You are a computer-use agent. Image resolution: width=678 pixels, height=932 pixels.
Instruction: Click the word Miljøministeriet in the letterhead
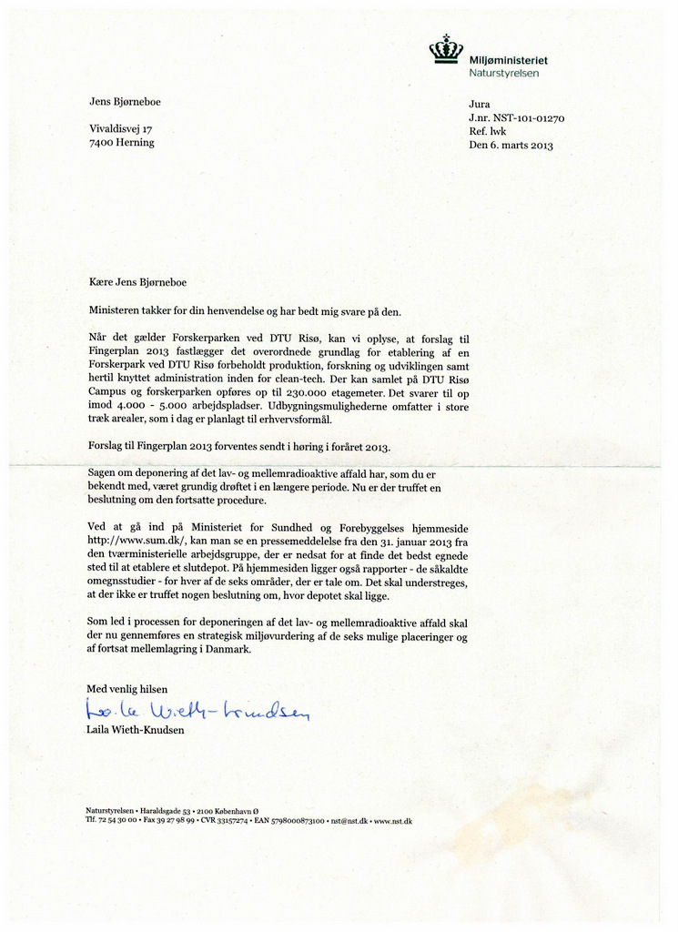(508, 59)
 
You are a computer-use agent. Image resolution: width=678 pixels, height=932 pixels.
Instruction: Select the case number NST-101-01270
(530, 117)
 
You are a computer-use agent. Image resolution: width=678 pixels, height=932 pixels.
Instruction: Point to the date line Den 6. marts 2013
(511, 145)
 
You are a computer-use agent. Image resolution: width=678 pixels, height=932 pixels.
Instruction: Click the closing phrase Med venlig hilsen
(127, 688)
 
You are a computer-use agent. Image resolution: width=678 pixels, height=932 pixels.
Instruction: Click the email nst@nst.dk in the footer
(349, 821)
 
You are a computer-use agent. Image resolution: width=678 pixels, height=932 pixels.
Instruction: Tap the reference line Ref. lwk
(488, 131)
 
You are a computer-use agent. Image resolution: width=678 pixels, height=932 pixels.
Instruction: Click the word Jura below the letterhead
(479, 104)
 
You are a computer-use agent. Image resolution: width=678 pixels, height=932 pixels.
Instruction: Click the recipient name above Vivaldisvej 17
(125, 101)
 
